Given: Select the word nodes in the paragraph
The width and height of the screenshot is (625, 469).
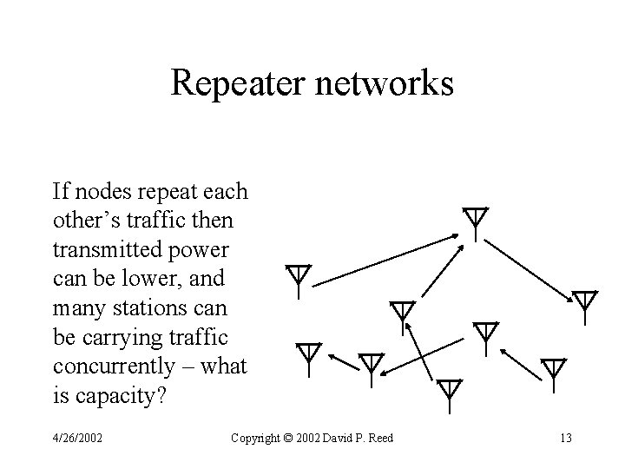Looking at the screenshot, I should [103, 190].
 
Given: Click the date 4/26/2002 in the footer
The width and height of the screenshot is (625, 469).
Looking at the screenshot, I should [76, 438].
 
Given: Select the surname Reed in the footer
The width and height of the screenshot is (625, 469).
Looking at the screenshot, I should [378, 438].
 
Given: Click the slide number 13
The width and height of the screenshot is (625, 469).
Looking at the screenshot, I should [565, 438].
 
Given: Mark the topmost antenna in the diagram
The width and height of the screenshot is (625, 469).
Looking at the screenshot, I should [475, 222].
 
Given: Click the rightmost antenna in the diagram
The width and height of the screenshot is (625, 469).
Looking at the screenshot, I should [586, 306].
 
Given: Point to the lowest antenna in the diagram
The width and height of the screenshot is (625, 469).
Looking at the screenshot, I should [448, 393].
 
